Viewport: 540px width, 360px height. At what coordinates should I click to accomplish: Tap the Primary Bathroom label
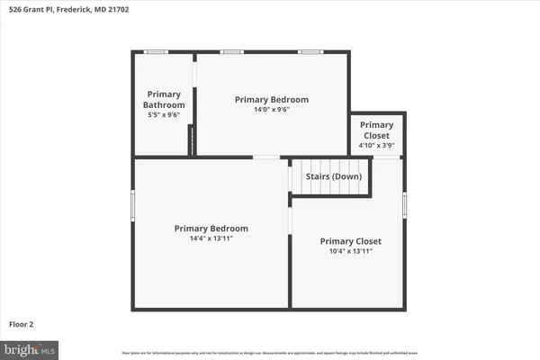point(164,99)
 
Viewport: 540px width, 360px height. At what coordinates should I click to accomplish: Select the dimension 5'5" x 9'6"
point(164,115)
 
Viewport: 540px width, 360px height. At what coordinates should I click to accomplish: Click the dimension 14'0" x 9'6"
point(271,110)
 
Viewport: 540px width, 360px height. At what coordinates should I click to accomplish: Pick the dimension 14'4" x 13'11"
point(211,239)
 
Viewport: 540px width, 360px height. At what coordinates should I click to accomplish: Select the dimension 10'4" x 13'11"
point(350,252)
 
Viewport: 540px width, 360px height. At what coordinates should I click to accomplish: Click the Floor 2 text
point(22,323)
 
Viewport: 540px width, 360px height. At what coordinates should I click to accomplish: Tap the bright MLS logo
point(31,348)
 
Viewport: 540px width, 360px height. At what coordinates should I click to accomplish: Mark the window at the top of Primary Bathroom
point(156,52)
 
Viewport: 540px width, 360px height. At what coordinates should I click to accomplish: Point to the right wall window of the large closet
point(405,205)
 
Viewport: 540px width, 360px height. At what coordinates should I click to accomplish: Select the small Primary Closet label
point(376,130)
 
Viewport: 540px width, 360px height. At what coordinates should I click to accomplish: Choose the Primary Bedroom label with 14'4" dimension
point(211,229)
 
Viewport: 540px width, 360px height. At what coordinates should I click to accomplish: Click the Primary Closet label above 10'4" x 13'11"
point(350,241)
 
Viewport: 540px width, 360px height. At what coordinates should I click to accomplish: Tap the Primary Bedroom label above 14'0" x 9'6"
point(271,99)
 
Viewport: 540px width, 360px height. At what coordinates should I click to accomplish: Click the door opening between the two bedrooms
point(265,157)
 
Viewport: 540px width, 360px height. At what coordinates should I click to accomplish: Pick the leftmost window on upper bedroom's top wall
point(231,52)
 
